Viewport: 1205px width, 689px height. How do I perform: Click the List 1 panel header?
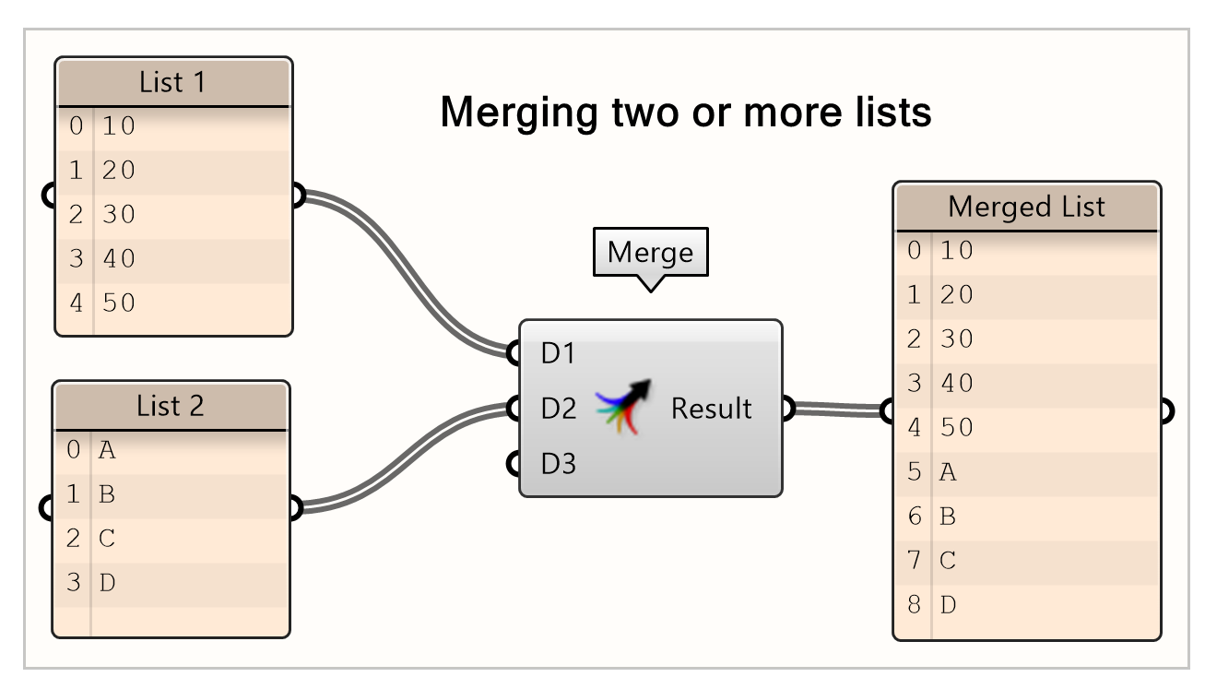[x=173, y=83]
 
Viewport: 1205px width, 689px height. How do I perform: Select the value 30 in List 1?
[x=119, y=214]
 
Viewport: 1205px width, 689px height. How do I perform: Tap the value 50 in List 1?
[x=119, y=303]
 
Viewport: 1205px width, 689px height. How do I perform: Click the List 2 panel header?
[x=171, y=406]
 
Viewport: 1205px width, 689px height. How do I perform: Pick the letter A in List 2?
[x=107, y=450]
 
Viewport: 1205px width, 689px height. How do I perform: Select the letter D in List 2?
[x=107, y=583]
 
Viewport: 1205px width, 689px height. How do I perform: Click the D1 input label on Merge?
[x=558, y=352]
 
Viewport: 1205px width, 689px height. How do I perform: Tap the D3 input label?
[x=558, y=463]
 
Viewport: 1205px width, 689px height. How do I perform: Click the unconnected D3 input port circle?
[x=514, y=463]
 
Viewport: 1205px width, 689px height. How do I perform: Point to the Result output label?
[x=711, y=408]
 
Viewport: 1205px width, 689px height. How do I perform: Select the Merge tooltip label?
[x=650, y=252]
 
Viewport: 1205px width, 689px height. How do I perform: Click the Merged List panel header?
[x=1026, y=207]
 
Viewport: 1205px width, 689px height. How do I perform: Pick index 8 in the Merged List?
[x=914, y=605]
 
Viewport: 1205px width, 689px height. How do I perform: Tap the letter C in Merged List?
[x=948, y=561]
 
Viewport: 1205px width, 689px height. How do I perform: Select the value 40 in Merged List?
[x=957, y=383]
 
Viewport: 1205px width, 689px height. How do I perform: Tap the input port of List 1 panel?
[x=51, y=196]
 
